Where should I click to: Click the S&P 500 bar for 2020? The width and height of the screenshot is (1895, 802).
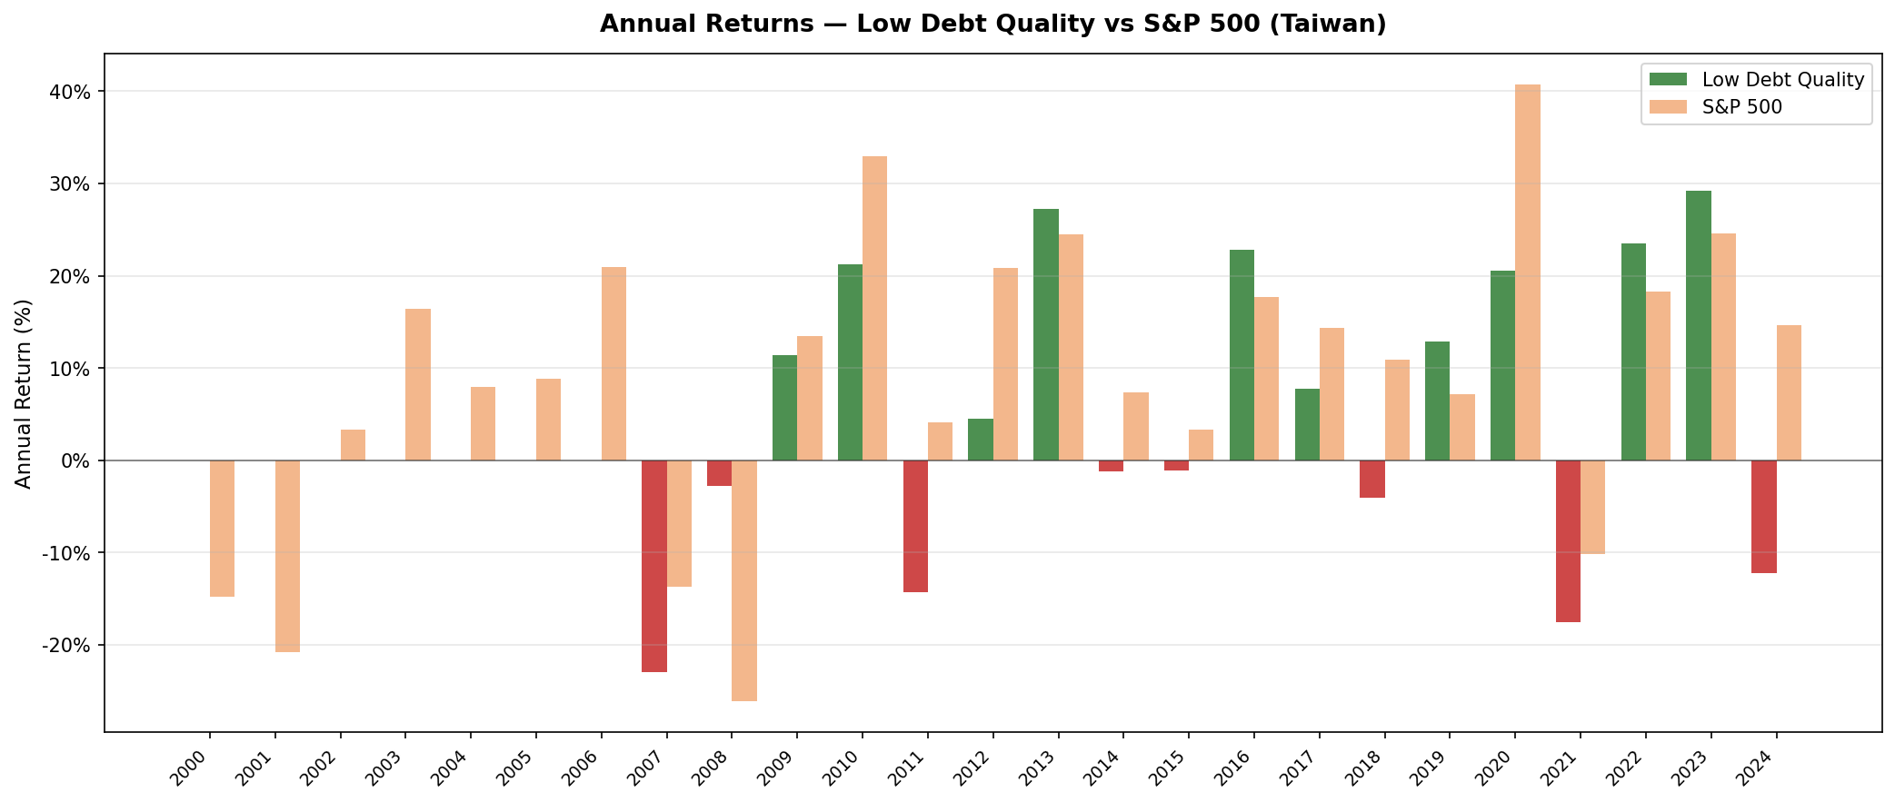coord(1528,272)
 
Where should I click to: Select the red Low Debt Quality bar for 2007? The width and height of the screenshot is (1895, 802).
coord(654,566)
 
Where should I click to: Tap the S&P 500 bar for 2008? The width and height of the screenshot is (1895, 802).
coord(744,580)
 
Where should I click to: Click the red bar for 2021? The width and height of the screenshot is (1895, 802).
coord(1568,541)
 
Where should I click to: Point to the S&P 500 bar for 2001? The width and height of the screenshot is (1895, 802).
coord(287,556)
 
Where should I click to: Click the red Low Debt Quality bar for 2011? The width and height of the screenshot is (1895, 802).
coord(915,526)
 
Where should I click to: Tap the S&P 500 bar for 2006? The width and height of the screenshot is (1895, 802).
coord(613,363)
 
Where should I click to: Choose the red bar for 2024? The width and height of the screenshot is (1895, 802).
coord(1764,517)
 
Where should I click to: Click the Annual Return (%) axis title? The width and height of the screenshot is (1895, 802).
coord(25,393)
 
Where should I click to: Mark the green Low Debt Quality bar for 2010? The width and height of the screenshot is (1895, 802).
coord(850,362)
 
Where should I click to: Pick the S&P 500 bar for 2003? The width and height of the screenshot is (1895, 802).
coord(418,384)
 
